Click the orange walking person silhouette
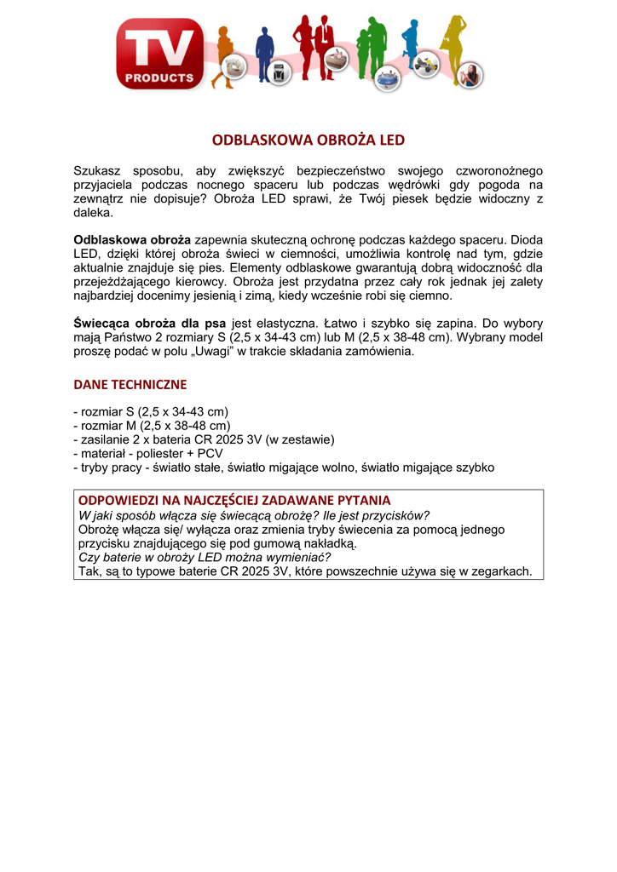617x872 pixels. coord(226,51)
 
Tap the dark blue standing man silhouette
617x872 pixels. coord(263,47)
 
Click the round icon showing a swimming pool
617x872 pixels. coord(389,77)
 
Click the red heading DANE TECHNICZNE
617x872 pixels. coord(130,384)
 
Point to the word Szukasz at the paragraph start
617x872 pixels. coord(98,171)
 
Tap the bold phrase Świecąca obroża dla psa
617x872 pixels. coord(150,324)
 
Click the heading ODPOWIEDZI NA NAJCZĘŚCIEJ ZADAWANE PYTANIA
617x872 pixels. coord(234,500)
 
